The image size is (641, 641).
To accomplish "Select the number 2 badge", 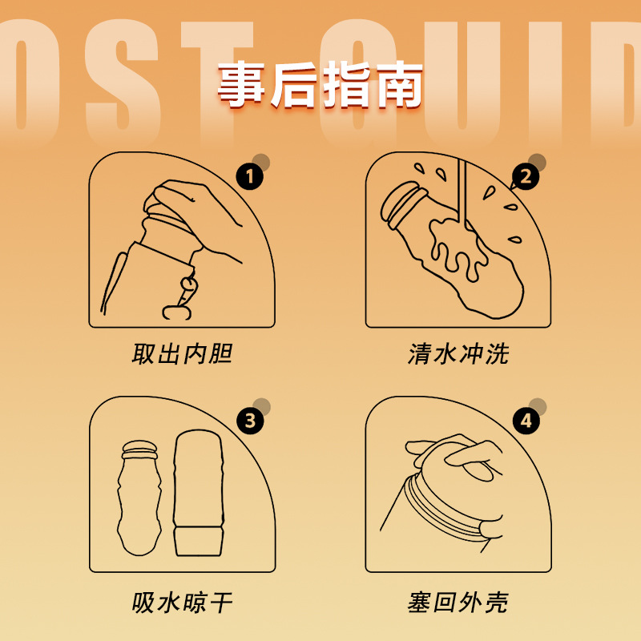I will point(526,175).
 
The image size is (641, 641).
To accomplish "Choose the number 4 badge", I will point(526,420).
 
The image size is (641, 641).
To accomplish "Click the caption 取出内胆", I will point(182,354).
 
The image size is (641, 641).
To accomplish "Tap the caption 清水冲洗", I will point(458,354).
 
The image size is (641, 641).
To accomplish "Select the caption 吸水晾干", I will point(182,602).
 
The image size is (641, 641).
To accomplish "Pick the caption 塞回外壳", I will point(458,602).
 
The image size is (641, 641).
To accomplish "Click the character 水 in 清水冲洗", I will point(445,354).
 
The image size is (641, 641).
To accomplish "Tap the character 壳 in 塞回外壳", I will point(496,602).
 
